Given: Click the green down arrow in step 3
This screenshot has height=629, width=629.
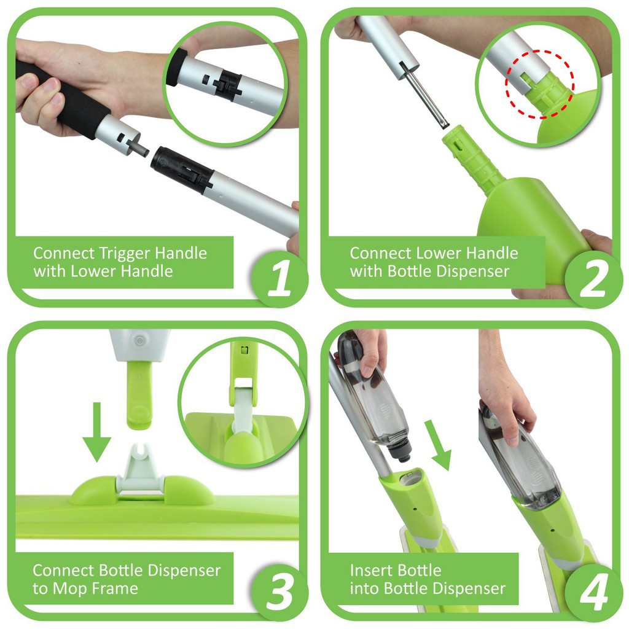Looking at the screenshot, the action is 96,432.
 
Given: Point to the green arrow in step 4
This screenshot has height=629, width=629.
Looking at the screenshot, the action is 438,445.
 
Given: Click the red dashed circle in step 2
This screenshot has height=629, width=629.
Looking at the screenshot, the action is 539,84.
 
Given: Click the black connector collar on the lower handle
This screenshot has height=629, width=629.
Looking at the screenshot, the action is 182,168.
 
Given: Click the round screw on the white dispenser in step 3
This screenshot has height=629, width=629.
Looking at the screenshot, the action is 139,341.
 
